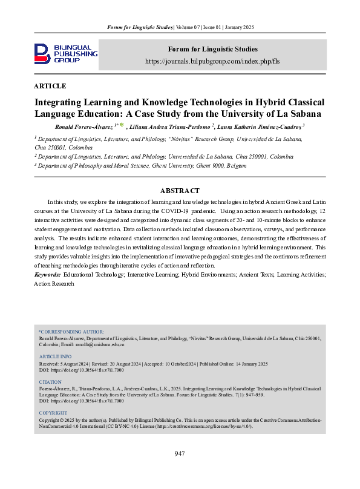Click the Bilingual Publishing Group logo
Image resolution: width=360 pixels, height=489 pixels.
[65, 53]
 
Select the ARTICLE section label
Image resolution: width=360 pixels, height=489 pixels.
[50, 86]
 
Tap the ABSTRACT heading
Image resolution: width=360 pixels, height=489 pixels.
[180, 191]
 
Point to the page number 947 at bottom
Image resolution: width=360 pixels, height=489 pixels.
[179, 453]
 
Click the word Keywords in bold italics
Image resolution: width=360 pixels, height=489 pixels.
[47, 275]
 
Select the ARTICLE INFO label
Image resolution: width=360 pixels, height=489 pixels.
[55, 356]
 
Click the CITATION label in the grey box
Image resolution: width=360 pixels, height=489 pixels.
[50, 382]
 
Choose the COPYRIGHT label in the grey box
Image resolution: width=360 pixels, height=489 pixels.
[53, 413]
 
